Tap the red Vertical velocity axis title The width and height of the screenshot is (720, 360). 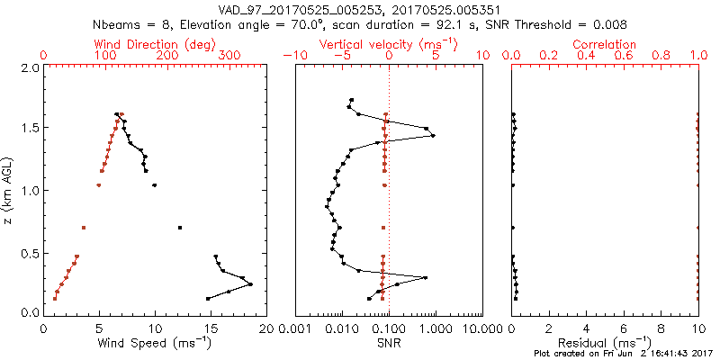click(388, 44)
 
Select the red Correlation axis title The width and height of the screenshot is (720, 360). click(605, 44)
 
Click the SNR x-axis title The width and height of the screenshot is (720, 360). click(388, 343)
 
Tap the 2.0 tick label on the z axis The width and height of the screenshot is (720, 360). click(30, 67)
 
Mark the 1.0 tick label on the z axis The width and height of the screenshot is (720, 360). click(30, 191)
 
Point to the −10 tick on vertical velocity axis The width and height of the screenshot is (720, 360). click(292, 56)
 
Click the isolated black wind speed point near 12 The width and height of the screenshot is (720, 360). click(180, 228)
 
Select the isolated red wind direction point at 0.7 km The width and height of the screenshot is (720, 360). click(84, 228)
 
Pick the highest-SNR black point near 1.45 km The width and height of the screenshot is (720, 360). click(433, 136)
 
